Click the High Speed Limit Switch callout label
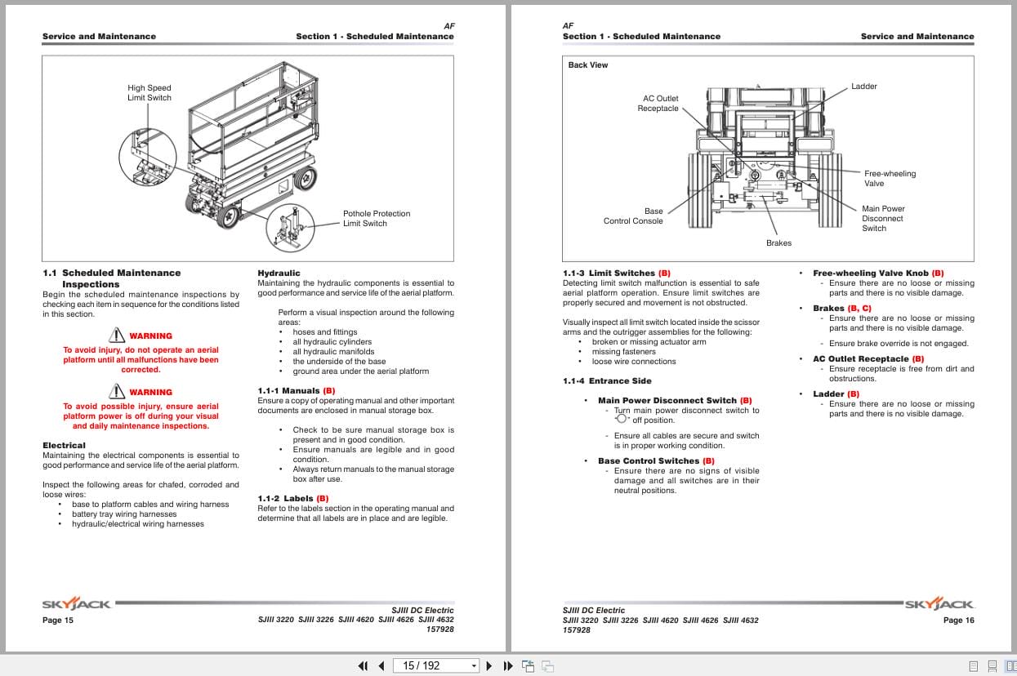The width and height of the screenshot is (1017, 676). [149, 93]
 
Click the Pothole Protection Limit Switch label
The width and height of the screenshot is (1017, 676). [376, 219]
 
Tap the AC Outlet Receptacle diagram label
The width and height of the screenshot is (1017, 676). [658, 104]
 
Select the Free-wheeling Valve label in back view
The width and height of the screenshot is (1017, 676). [890, 179]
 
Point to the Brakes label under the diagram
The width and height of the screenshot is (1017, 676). [778, 243]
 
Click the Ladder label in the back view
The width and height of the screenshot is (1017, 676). [863, 87]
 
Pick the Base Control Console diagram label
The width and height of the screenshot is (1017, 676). [634, 216]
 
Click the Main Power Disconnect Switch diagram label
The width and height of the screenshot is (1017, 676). [883, 219]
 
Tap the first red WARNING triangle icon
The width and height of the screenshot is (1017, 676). [116, 336]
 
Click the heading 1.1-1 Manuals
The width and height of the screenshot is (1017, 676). [296, 391]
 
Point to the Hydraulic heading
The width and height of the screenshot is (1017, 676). [279, 274]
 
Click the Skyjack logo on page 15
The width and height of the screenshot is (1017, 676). [75, 604]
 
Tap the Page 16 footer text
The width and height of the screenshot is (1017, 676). [958, 620]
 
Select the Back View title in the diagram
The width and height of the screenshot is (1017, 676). [588, 65]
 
